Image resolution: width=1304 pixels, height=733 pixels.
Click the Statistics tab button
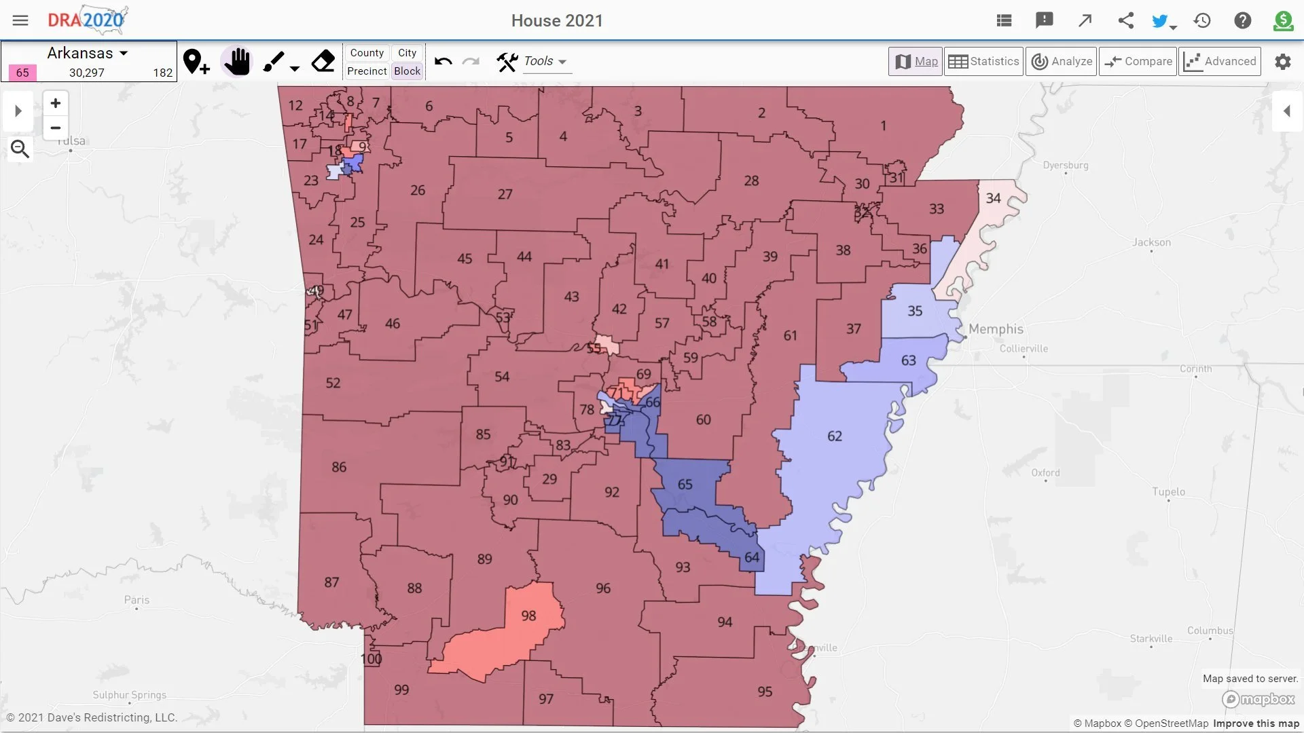[x=983, y=61]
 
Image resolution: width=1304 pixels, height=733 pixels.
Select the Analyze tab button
[x=1062, y=61]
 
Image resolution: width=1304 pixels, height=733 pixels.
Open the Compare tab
[x=1138, y=61]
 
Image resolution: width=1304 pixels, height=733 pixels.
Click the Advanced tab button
[x=1220, y=61]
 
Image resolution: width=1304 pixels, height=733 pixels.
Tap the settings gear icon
[x=1282, y=62]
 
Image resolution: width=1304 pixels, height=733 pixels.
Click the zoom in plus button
[x=56, y=103]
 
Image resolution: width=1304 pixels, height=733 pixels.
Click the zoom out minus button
[x=56, y=128]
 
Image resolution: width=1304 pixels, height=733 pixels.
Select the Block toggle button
[x=407, y=71]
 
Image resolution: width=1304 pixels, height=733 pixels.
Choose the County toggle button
[x=367, y=53]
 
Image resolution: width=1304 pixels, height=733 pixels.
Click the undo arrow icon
[x=443, y=62]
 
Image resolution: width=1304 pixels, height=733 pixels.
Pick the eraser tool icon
[x=323, y=62]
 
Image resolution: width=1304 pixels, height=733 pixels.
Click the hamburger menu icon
[x=20, y=20]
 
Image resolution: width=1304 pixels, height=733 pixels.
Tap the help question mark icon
[x=1242, y=20]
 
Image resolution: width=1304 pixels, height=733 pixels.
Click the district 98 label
[x=528, y=616]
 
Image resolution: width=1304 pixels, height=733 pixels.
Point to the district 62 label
[x=835, y=436]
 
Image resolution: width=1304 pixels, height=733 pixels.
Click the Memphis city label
[x=996, y=329]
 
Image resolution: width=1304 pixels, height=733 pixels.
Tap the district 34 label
[x=993, y=198]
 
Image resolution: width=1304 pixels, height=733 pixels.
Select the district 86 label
[x=339, y=467]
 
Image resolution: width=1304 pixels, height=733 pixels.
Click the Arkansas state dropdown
[x=88, y=53]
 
